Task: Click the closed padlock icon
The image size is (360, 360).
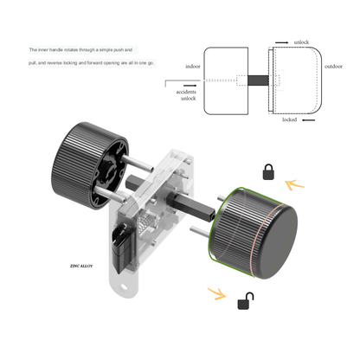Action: [x=268, y=170]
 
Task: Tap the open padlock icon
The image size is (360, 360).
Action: [x=246, y=301]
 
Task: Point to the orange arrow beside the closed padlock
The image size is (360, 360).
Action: [x=294, y=183]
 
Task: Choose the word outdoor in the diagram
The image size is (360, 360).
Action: [x=335, y=66]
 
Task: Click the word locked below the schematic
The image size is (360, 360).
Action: [x=291, y=120]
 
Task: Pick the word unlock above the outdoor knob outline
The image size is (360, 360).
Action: [x=301, y=42]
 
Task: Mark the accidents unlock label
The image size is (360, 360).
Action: [x=188, y=95]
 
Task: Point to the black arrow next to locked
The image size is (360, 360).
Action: [x=310, y=120]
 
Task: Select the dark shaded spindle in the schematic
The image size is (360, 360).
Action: [x=258, y=81]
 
